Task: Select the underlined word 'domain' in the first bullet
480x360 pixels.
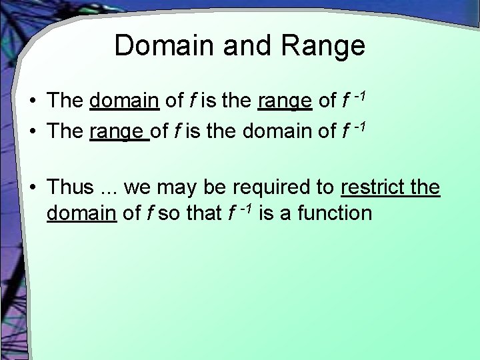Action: [123, 101]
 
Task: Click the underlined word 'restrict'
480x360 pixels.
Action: [370, 188]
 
